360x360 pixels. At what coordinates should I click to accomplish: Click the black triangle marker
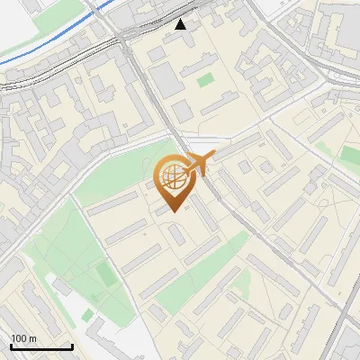click(x=181, y=24)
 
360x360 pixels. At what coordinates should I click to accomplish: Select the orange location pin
click(x=173, y=183)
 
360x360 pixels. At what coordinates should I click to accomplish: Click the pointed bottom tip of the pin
click(x=173, y=211)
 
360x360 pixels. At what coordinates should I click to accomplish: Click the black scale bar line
click(x=41, y=346)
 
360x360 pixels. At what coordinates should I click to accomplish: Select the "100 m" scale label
click(x=24, y=338)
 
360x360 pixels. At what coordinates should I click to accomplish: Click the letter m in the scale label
click(x=33, y=338)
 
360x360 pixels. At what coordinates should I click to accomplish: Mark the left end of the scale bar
click(x=11, y=346)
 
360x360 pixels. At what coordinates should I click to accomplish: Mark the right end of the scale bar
click(x=72, y=346)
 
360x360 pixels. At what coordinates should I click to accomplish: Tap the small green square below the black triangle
click(x=206, y=80)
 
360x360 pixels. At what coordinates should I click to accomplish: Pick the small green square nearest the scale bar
click(x=87, y=316)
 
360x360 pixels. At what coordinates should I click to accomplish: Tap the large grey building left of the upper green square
click(x=170, y=79)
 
